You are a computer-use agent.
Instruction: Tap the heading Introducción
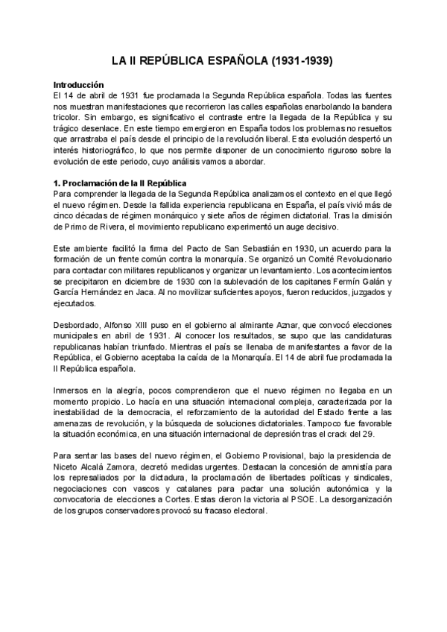83,85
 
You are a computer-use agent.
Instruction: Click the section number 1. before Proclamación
59,183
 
